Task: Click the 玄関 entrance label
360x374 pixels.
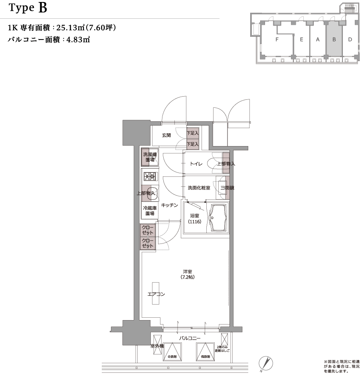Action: click(166, 135)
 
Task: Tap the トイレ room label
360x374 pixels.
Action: click(196, 164)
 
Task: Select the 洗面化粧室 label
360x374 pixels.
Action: click(196, 188)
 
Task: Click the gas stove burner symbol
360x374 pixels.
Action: click(150, 176)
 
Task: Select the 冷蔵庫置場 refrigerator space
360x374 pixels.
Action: click(150, 210)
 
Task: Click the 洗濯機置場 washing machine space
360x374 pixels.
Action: click(150, 157)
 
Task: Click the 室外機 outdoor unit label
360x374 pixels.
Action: click(156, 346)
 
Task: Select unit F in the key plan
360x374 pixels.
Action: click(277, 40)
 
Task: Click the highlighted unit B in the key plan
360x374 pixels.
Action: click(334, 40)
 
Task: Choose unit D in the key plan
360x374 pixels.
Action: click(350, 40)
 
